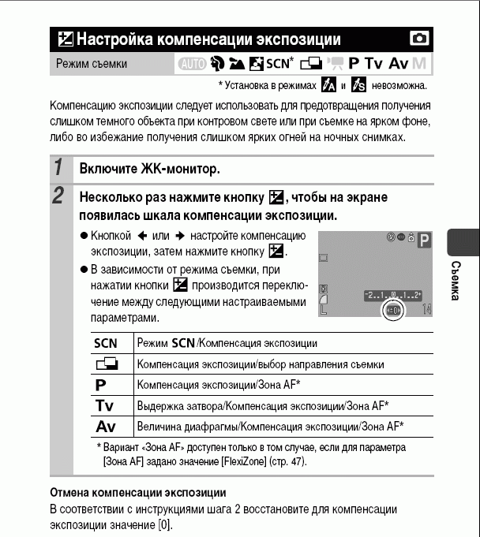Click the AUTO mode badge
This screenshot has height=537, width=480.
(x=190, y=63)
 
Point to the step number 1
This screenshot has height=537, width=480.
(x=58, y=168)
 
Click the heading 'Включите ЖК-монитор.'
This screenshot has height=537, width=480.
(x=148, y=169)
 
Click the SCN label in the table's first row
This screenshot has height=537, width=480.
(x=105, y=344)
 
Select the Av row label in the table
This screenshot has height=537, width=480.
(x=105, y=426)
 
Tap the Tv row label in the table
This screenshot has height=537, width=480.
(x=105, y=405)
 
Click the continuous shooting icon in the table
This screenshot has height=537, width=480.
(x=105, y=364)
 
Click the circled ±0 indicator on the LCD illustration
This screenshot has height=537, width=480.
(x=393, y=311)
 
